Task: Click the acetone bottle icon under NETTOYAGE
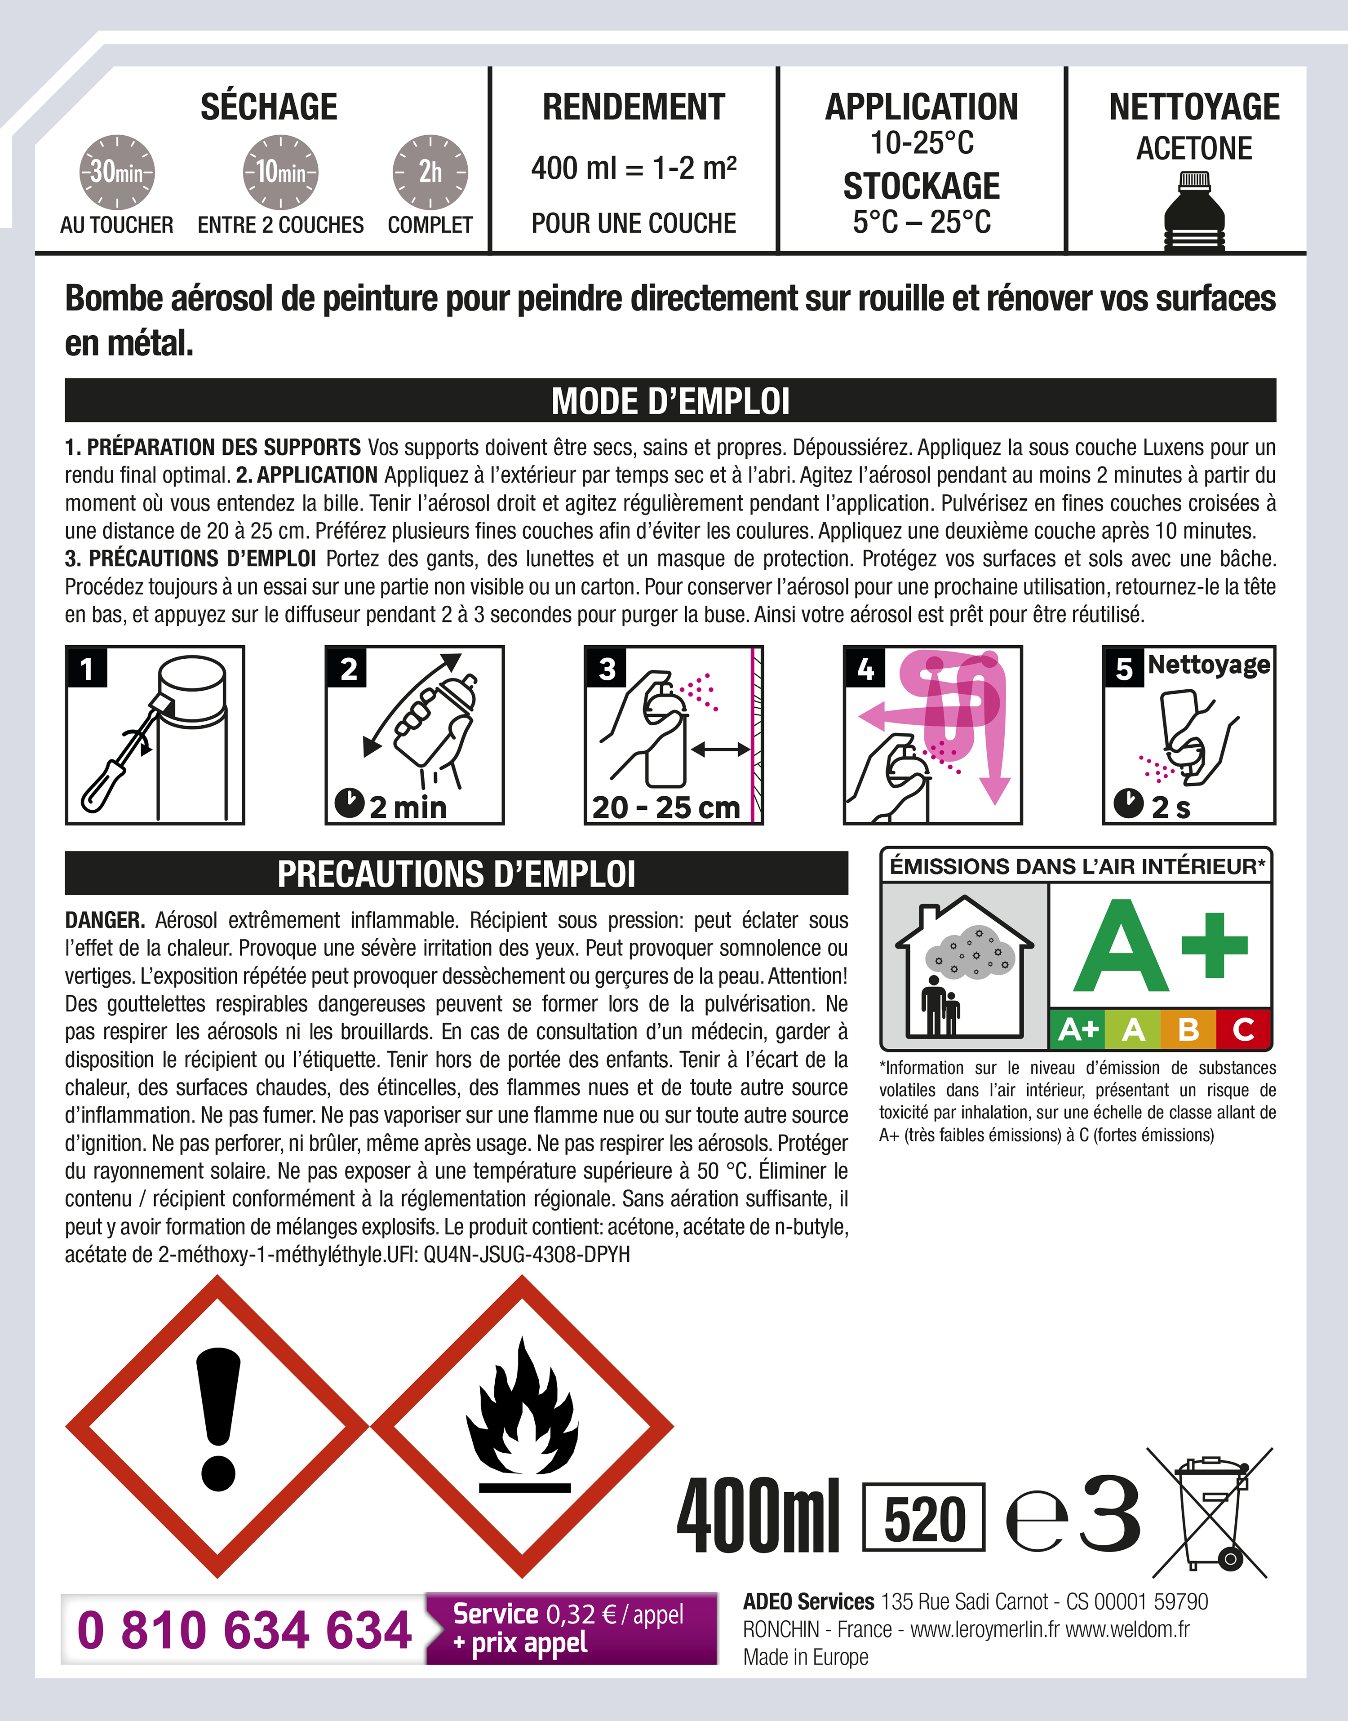pyautogui.click(x=1194, y=212)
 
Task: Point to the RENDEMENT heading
pyautogui.click(x=633, y=107)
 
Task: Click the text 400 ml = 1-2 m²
pyautogui.click(x=633, y=168)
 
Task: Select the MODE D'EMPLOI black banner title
pyautogui.click(x=670, y=401)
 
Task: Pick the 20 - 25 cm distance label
pyautogui.click(x=665, y=807)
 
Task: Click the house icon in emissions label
pyautogui.click(x=964, y=967)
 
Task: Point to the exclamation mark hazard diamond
pyautogui.click(x=217, y=1427)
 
